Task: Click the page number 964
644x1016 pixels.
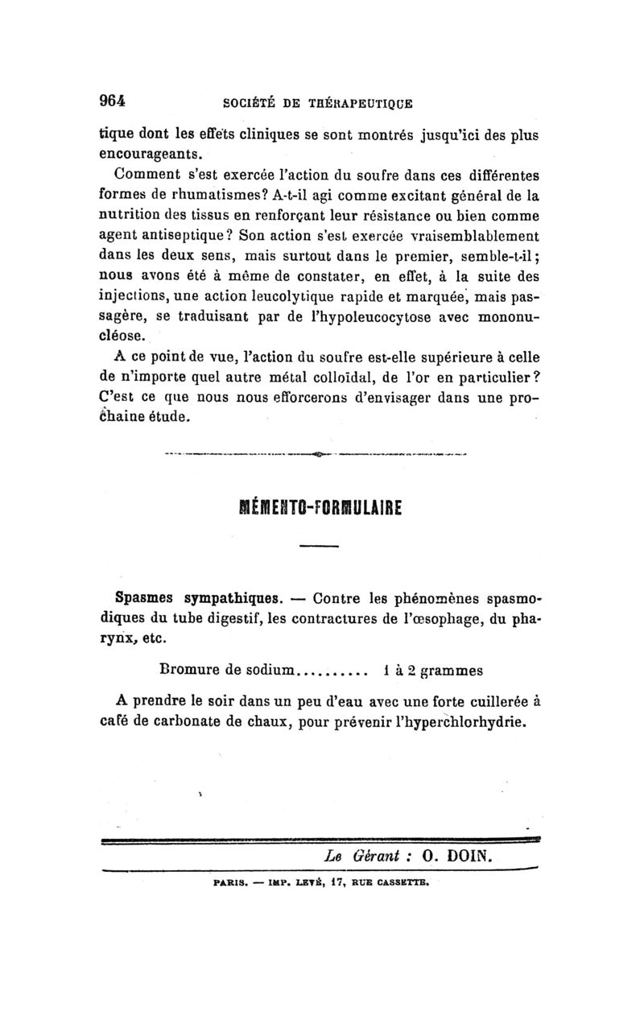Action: coord(113,101)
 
